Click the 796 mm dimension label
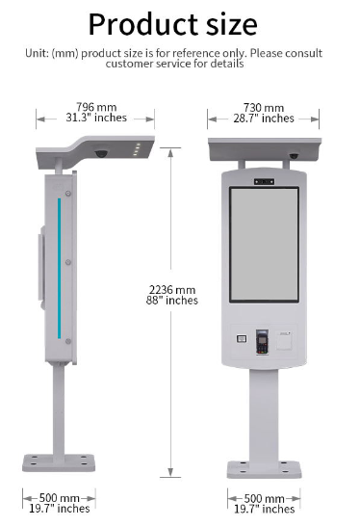[96, 107]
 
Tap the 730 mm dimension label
[264, 108]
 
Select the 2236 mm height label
[172, 290]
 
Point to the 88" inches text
[172, 301]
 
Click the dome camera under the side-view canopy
[101, 153]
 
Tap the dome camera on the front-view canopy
[294, 156]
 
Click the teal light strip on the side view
[60, 268]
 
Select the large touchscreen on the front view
[264, 245]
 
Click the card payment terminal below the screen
[262, 341]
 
